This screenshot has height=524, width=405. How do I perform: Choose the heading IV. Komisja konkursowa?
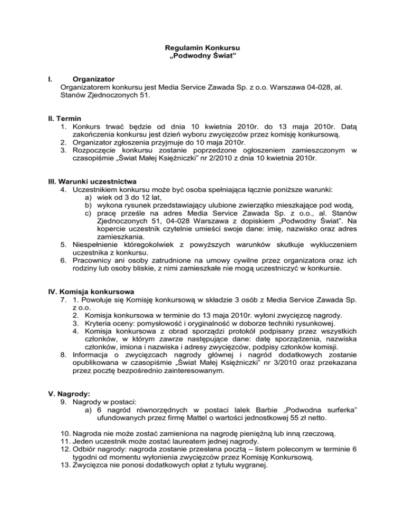88,292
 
